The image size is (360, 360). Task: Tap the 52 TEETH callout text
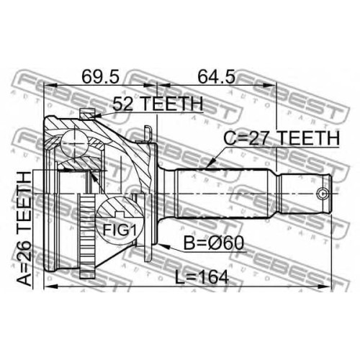(158, 104)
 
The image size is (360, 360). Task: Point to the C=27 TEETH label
(282, 138)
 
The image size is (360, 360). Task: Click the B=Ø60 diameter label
(214, 243)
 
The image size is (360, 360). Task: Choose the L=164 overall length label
(201, 277)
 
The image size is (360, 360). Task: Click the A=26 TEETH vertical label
(24, 229)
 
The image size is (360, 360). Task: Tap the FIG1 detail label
(120, 230)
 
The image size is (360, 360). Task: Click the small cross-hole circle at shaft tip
(323, 193)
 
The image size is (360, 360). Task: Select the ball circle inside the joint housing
(74, 143)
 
